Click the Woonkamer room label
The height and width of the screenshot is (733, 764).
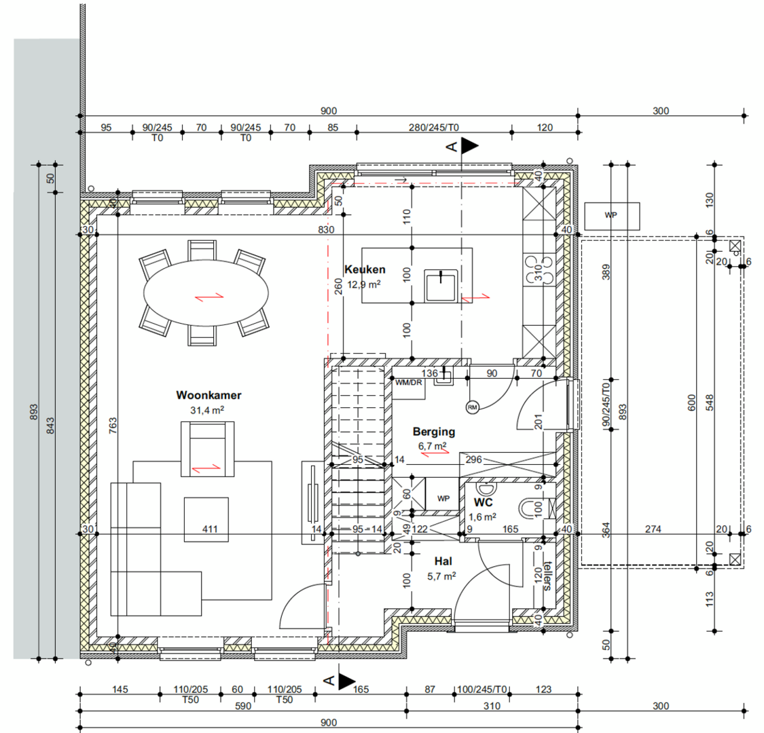[208, 395]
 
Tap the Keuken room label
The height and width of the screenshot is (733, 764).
[365, 269]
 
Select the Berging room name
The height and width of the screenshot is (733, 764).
[434, 432]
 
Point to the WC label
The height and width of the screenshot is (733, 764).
[484, 502]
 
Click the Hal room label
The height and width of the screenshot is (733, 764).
[443, 561]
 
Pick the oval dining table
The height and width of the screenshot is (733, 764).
[206, 293]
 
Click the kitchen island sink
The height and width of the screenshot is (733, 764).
[441, 286]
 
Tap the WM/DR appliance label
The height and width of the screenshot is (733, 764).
[408, 382]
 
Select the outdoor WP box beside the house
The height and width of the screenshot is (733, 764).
[612, 217]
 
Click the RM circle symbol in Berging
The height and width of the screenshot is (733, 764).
[472, 407]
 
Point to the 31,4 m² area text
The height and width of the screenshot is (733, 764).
[207, 410]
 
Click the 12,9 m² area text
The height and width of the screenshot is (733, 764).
[363, 284]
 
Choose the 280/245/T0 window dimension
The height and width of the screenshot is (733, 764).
[434, 128]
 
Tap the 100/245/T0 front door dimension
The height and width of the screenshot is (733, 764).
[482, 690]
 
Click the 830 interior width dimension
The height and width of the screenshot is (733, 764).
[326, 230]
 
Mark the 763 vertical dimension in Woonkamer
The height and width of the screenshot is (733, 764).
[113, 426]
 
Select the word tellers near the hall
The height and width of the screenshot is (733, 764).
[547, 576]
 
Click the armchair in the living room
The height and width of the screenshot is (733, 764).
[208, 449]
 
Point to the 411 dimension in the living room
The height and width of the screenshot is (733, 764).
[210, 529]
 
